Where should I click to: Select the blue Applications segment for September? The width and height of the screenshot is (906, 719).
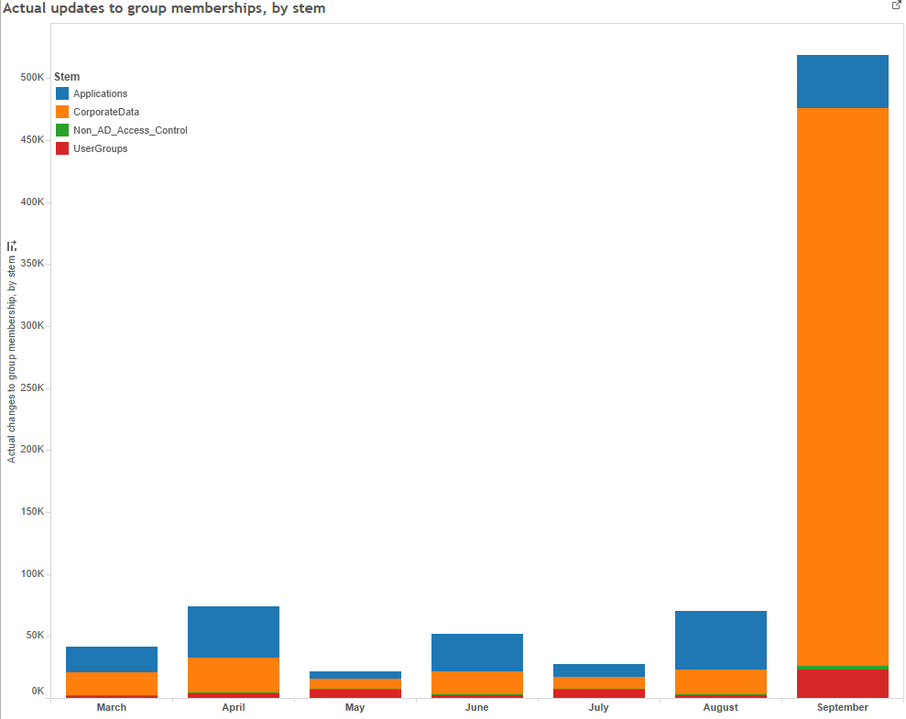[842, 82]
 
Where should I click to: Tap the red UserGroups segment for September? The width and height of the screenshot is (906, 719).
[842, 683]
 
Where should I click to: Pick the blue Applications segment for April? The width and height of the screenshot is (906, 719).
[234, 632]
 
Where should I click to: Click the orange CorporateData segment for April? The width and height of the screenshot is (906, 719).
[234, 675]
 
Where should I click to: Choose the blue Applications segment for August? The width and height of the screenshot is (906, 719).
[720, 640]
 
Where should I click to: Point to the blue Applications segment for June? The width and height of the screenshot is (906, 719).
[477, 652]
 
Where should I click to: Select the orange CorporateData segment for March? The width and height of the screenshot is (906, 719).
[112, 683]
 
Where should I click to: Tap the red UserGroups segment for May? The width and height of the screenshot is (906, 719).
[355, 694]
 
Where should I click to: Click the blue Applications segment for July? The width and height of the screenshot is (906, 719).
[598, 670]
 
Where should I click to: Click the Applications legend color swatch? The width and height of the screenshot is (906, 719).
[62, 93]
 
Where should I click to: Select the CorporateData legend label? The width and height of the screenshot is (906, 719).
[106, 112]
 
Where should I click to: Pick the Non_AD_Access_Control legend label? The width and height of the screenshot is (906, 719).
[130, 130]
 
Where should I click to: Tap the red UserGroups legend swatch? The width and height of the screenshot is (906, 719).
[62, 148]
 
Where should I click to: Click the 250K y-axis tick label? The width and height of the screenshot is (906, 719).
[32, 387]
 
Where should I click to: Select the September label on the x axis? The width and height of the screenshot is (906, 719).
[842, 707]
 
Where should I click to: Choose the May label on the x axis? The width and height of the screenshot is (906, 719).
[355, 707]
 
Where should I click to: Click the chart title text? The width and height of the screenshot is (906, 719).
[164, 8]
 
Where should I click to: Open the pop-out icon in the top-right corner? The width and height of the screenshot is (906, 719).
[896, 5]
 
